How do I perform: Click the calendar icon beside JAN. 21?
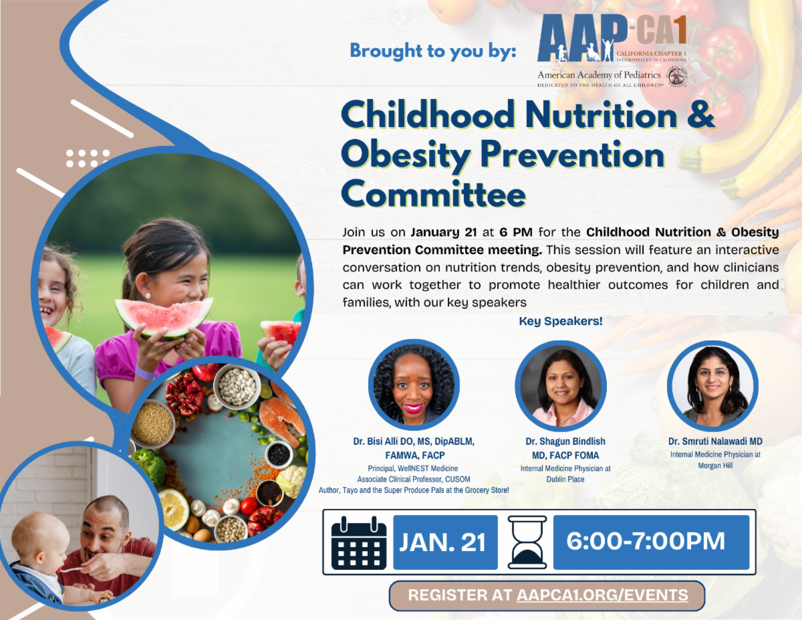coord(359,543)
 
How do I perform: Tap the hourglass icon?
coord(527,542)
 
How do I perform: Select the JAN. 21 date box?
coord(445,542)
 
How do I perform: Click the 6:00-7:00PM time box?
coord(652,542)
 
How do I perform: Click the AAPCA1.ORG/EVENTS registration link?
coord(602,595)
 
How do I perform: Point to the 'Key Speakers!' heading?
coord(561,321)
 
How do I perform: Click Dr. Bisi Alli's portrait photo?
coord(414,385)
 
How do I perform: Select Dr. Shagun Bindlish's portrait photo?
coord(561,386)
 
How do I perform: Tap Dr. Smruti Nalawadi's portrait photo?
coord(712,386)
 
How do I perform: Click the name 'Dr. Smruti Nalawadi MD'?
coord(715,441)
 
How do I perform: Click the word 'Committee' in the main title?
coord(434,195)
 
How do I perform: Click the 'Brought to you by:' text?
coord(433,51)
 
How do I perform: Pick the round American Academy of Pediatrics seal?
coord(676,77)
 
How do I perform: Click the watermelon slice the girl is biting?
coord(164,317)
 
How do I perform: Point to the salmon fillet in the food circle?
coord(281,420)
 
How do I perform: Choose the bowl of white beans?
coord(237,387)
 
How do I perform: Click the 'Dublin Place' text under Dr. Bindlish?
coord(565,480)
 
